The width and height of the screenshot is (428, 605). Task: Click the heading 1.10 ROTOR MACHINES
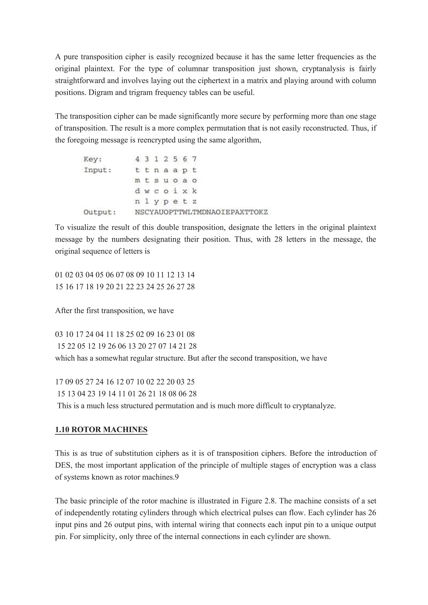101,430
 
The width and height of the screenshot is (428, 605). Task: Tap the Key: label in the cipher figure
93,159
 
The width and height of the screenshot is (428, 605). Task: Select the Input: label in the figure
98,170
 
